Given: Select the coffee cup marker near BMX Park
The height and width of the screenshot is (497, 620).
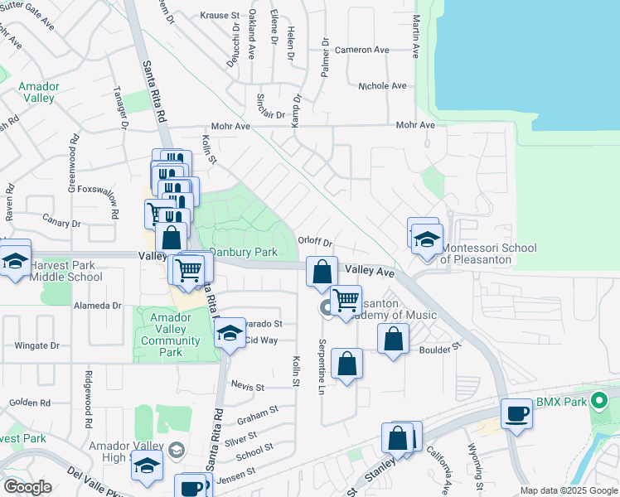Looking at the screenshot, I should point(516,413).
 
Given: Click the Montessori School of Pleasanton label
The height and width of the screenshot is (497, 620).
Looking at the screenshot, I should point(488,253).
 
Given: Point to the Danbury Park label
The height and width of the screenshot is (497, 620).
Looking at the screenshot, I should point(243,252).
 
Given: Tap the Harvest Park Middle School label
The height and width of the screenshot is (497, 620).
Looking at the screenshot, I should point(66,271).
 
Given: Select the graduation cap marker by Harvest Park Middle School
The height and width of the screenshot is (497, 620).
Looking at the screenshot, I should point(15,259).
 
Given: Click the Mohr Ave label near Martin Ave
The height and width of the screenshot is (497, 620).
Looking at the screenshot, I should point(415,125).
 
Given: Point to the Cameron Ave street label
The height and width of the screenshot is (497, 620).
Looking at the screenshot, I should point(361,50).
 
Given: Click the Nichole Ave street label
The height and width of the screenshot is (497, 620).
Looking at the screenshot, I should point(381,85).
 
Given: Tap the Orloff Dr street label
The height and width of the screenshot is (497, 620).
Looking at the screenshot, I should point(315,243).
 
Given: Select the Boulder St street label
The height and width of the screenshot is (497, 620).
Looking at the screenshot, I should point(439,350).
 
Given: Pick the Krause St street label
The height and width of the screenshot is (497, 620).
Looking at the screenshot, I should point(219,15).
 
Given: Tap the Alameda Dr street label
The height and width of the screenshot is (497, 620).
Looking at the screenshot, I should point(99,306).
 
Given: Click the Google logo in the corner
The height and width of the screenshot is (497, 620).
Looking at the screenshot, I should point(27,487).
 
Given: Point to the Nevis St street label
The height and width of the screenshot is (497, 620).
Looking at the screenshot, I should point(247,387).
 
